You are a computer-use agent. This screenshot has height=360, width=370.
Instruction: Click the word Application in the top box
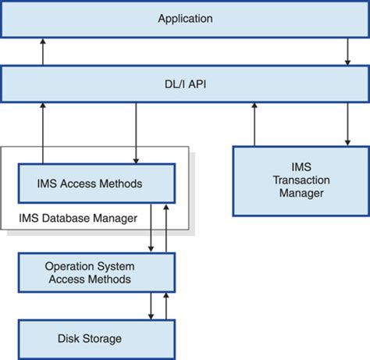[x=185, y=19]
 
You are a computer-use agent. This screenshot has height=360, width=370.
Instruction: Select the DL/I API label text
[x=185, y=84]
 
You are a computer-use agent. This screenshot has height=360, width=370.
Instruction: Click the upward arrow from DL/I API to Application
[x=43, y=52]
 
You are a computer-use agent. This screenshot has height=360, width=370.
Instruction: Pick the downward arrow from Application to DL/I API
[x=347, y=52]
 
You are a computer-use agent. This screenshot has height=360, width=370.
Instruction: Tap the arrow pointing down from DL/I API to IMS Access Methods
[x=136, y=133]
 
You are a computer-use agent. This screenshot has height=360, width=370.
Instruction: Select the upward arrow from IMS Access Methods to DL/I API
[x=43, y=133]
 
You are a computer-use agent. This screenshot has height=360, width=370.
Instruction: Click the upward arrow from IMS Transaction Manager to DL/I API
[x=254, y=124]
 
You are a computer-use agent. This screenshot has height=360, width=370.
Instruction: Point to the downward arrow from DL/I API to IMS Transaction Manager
[x=347, y=124]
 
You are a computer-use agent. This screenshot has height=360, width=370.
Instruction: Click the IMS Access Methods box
[x=97, y=184]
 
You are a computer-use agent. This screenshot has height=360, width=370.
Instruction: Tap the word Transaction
[x=301, y=180]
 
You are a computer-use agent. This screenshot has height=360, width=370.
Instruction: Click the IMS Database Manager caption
[x=78, y=218]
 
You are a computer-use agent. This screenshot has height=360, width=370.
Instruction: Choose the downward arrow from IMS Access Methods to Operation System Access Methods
[x=151, y=228]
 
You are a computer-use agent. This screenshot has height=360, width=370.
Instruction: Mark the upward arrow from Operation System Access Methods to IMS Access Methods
[x=166, y=228]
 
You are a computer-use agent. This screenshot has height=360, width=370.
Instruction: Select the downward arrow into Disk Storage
[x=151, y=306]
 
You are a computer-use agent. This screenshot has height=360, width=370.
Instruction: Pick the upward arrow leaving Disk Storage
[x=166, y=306]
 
